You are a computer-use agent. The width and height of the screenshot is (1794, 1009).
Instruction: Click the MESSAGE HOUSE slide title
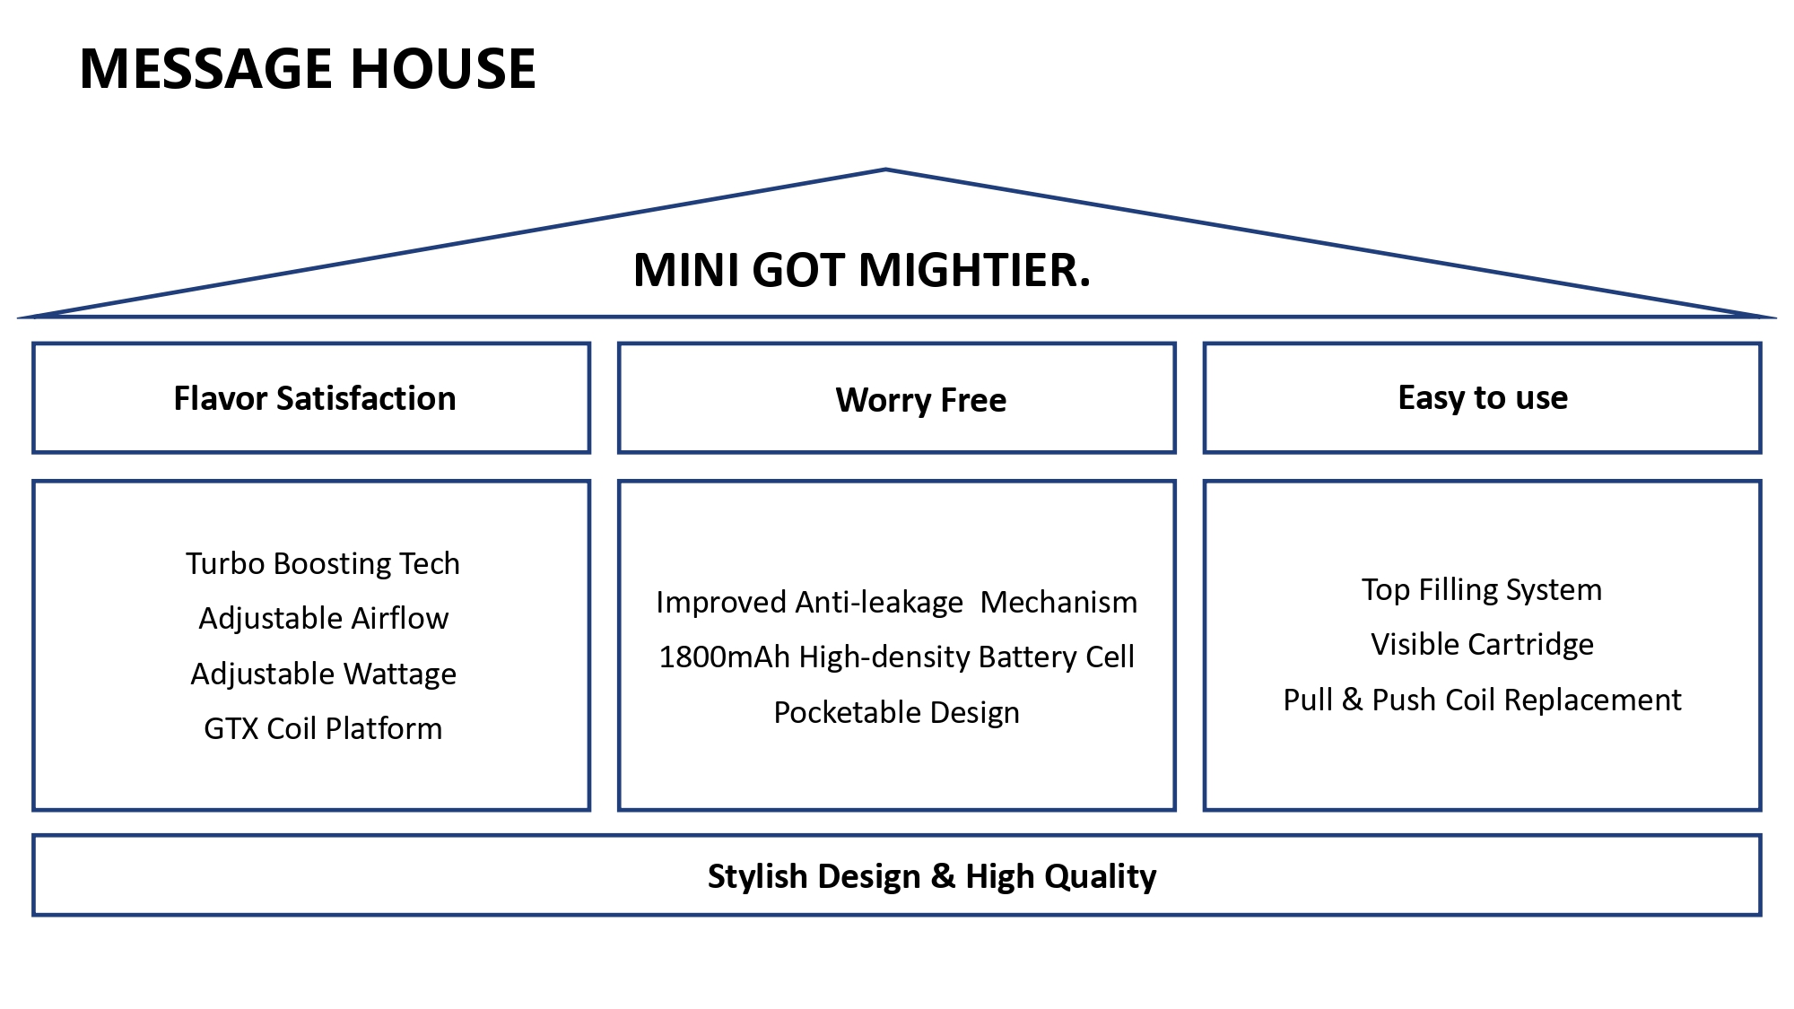pyautogui.click(x=308, y=68)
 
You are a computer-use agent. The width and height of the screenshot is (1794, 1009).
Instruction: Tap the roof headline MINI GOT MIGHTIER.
pyautogui.click(x=862, y=270)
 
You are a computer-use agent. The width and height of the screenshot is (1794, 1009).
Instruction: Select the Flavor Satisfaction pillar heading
pyautogui.click(x=315, y=398)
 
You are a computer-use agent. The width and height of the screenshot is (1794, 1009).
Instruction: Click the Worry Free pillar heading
pyautogui.click(x=921, y=400)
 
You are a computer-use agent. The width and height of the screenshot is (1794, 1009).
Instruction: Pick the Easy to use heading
pyautogui.click(x=1483, y=397)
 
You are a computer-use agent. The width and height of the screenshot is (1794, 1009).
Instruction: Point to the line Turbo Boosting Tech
pyautogui.click(x=323, y=563)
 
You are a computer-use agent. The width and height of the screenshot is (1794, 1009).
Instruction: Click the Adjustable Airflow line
pyautogui.click(x=324, y=618)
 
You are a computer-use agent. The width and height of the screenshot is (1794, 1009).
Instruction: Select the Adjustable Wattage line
pyautogui.click(x=324, y=674)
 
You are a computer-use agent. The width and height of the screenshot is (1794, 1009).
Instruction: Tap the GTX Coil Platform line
pyautogui.click(x=323, y=728)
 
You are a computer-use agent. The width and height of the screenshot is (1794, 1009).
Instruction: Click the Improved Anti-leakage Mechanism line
pyautogui.click(x=897, y=602)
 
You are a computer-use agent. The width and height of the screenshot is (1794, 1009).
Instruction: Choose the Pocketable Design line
pyautogui.click(x=897, y=712)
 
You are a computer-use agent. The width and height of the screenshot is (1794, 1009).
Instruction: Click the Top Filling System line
pyautogui.click(x=1482, y=589)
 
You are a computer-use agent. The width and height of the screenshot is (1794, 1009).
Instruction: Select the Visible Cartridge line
pyautogui.click(x=1483, y=644)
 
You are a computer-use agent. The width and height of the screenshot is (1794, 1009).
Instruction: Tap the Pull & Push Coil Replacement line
pyautogui.click(x=1483, y=700)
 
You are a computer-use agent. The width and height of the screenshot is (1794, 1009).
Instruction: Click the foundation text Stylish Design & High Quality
pyautogui.click(x=932, y=876)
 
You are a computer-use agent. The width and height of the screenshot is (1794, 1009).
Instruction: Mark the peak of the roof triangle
pyautogui.click(x=885, y=169)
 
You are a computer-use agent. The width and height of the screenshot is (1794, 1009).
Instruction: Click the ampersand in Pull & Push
pyautogui.click(x=1353, y=700)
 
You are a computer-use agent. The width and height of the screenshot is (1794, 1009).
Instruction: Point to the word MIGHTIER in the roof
pyautogui.click(x=975, y=270)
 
